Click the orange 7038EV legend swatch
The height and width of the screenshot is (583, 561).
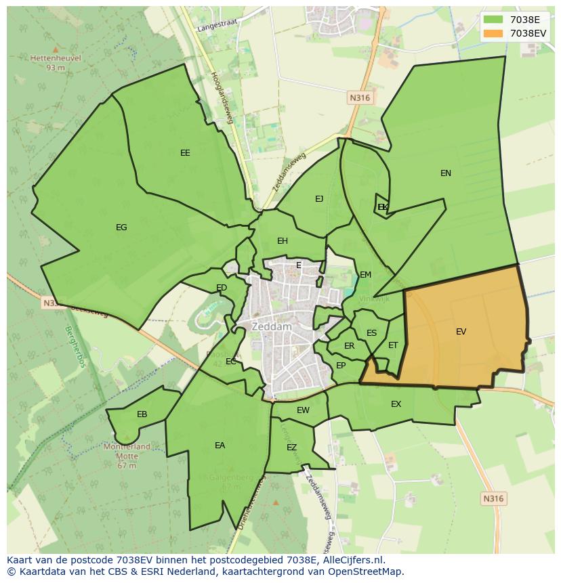coord(493,33)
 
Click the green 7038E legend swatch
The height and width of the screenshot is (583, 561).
coord(493,20)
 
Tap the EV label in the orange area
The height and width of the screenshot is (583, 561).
coord(461,332)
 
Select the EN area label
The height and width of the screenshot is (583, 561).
coord(445,173)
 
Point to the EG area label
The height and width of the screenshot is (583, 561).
coord(121,228)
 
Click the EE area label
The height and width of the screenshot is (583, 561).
coord(185,153)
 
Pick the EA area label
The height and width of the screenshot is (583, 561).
coord(220,446)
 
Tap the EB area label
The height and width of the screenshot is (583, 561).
coord(142,414)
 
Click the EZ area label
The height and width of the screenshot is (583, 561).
coord(291,448)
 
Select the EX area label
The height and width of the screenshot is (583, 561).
coord(396,404)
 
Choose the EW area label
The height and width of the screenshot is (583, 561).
coord(303,410)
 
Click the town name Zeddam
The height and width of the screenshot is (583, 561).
coord(271,326)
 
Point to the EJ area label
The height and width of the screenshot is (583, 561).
coord(319,199)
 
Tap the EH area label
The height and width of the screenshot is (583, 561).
coord(283,241)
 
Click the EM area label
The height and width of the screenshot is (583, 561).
coord(365,275)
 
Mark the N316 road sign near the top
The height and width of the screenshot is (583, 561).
coord(360,98)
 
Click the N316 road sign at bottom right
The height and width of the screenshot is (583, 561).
coord(493,498)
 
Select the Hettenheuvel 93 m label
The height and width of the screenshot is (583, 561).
coord(56,62)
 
